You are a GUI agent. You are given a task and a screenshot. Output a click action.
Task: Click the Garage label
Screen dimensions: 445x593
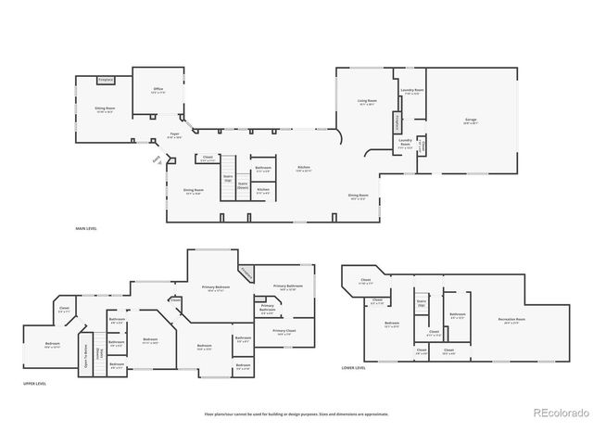(x=470, y=121)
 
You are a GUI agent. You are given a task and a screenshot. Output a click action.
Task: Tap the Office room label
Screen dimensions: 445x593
(x=158, y=91)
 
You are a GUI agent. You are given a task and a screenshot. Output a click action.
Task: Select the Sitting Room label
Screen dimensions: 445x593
(x=105, y=109)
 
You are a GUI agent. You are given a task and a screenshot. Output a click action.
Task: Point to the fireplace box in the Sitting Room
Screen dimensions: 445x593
(x=106, y=81)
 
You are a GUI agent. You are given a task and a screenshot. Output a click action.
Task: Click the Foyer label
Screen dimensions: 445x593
(x=173, y=135)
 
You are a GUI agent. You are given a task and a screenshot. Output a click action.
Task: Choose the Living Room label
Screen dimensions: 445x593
(x=367, y=101)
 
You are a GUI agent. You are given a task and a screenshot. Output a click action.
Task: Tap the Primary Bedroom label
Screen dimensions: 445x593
(x=216, y=287)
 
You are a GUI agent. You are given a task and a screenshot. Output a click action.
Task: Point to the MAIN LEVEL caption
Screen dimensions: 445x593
(x=86, y=228)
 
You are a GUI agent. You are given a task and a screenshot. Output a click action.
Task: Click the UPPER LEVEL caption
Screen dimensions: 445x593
(x=34, y=382)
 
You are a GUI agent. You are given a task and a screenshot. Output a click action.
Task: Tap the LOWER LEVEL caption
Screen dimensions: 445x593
(x=353, y=368)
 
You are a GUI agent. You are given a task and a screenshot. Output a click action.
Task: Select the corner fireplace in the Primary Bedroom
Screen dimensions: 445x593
(x=246, y=272)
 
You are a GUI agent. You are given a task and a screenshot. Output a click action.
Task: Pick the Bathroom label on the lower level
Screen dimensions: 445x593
(x=457, y=315)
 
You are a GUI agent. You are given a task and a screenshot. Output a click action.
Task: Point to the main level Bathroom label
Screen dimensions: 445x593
(x=263, y=168)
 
